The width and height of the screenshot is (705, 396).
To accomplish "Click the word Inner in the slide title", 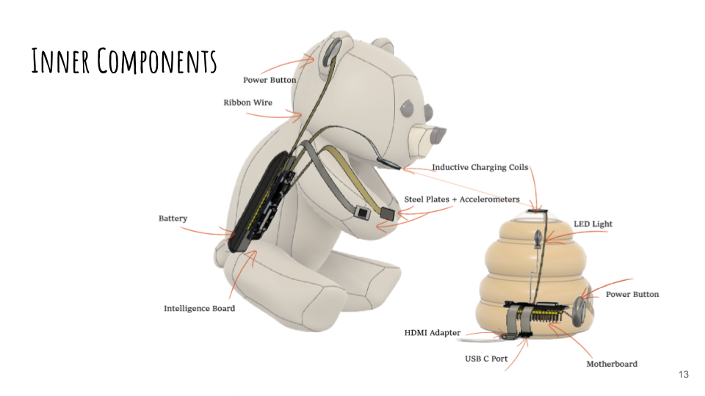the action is tap(61, 61).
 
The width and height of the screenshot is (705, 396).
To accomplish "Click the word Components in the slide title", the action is tap(158, 61).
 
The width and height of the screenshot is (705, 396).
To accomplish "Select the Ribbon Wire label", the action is tap(247, 103).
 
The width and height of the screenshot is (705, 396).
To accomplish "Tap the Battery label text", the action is tap(173, 219).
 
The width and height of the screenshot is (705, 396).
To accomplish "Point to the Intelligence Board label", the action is tap(200, 309).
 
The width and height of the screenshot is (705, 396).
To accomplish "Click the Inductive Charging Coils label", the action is tap(480, 168).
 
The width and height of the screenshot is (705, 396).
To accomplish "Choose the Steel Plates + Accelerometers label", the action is tap(462, 199).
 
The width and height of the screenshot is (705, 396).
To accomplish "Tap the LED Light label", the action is tap(593, 224).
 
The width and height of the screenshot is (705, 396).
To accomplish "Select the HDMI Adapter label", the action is tap(433, 333).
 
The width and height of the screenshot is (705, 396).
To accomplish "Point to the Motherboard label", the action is tap(612, 364).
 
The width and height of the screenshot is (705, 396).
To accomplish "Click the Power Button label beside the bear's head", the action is tap(270, 80).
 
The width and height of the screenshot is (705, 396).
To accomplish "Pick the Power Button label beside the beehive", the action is tap(632, 295).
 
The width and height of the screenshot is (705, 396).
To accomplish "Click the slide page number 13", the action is tap(684, 375).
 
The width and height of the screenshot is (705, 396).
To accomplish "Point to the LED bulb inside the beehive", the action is tap(538, 239).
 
